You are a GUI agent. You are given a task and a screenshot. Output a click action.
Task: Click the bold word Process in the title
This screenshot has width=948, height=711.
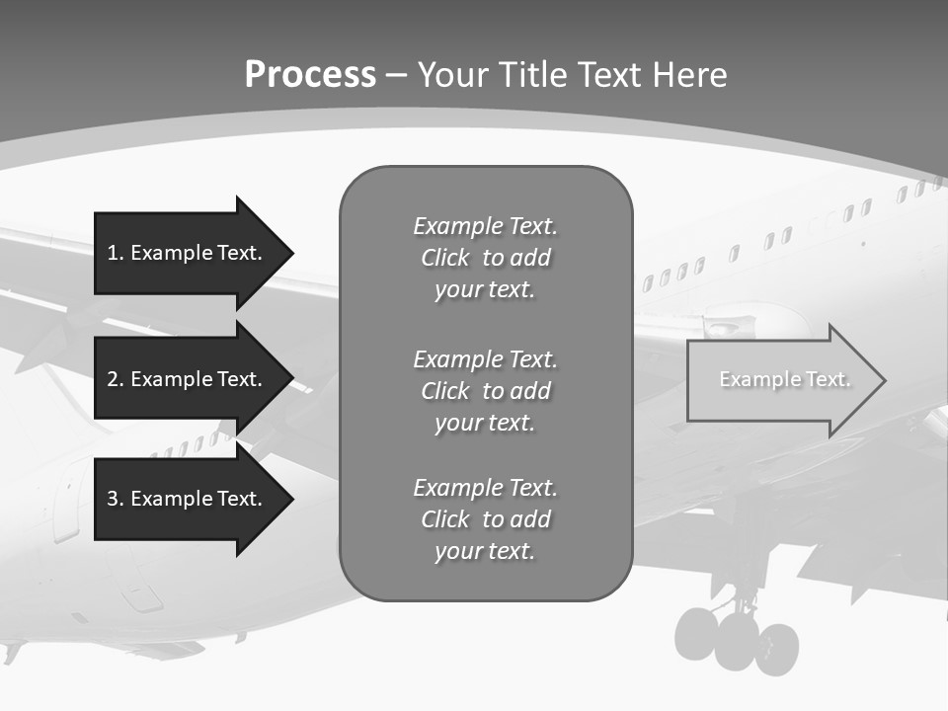[x=310, y=75]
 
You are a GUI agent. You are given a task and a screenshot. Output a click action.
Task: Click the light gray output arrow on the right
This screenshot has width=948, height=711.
[x=780, y=380]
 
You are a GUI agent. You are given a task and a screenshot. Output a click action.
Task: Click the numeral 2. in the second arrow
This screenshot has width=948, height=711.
[x=115, y=379]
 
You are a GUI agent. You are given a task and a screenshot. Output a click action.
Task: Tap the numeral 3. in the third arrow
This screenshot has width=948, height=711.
[x=115, y=499]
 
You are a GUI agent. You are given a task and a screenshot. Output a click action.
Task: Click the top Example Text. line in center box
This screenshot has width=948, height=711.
[x=485, y=226]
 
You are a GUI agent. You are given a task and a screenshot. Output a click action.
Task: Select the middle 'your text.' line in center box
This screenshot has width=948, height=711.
[x=485, y=423]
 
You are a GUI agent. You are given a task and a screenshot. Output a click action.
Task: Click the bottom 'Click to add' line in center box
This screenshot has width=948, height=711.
[x=485, y=519]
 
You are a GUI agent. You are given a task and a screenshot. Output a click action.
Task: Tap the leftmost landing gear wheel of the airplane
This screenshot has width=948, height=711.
[x=697, y=635]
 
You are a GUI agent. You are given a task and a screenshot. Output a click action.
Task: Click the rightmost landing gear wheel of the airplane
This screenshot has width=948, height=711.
[x=778, y=648]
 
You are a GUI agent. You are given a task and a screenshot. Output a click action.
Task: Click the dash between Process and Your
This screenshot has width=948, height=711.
[x=396, y=75]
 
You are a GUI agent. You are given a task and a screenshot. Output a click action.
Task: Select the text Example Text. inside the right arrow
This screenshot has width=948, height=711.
[x=784, y=379]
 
